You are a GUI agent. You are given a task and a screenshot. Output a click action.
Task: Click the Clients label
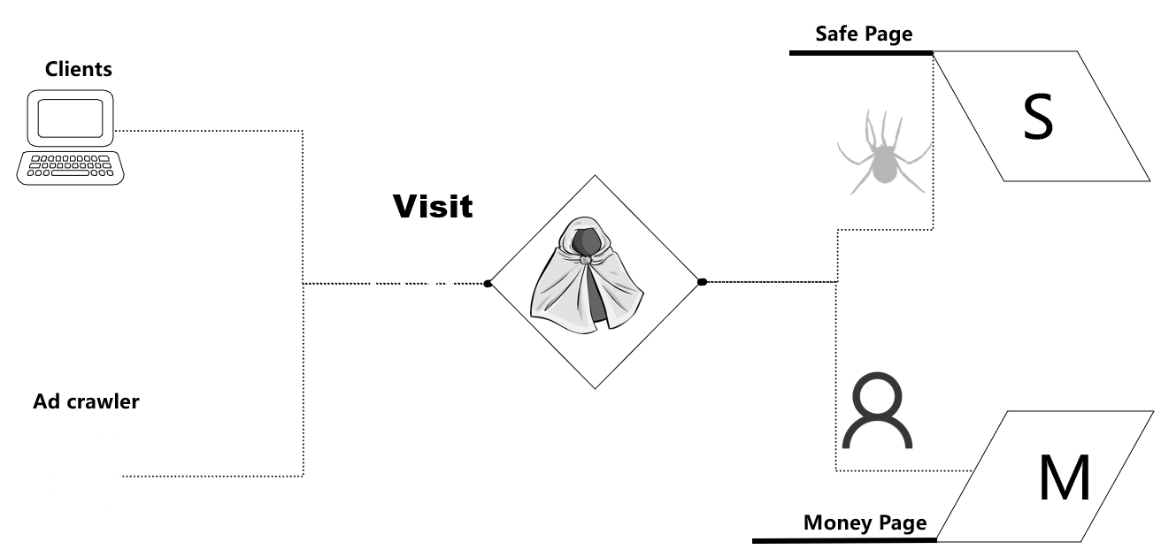coord(79,69)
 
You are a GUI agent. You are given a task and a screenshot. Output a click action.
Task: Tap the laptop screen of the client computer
coord(71,118)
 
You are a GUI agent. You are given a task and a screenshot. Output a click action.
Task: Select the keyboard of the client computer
coord(71,167)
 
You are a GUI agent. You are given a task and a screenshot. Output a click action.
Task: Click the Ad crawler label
coord(87,402)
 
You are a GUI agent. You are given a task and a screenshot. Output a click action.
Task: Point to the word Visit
coord(433,207)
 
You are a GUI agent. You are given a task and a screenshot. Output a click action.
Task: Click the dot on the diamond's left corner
coord(488,283)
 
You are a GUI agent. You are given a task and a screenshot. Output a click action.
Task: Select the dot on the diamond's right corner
coord(702,282)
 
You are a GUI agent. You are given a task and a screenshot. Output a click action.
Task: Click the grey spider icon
coord(882,152)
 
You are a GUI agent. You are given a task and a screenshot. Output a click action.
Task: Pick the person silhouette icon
coord(876,411)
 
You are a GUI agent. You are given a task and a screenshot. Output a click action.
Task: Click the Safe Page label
coord(863,34)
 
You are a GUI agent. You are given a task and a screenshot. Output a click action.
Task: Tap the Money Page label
coord(865,523)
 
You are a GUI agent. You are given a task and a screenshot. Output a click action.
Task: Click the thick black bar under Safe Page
coord(860,53)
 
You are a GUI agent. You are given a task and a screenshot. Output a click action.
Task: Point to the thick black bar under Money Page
coord(844,539)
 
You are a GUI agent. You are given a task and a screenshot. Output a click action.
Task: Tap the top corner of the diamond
coord(595,175)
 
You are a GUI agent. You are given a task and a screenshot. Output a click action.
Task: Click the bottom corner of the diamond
coord(595,389)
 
